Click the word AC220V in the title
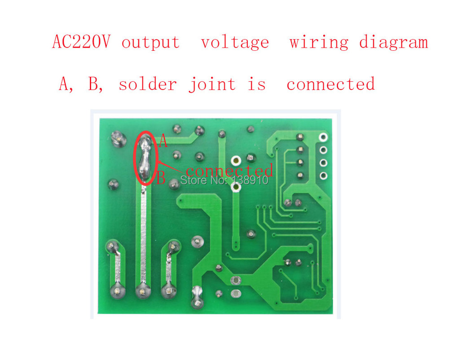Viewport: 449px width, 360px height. (81, 42)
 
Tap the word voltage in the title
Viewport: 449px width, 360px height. (235, 43)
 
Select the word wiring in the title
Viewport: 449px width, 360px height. (319, 42)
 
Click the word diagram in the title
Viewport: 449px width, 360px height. (393, 42)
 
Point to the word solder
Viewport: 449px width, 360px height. (148, 84)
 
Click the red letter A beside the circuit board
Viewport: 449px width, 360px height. (163, 141)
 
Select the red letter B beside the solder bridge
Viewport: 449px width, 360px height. (161, 178)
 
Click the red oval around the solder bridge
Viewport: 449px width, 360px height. (146, 158)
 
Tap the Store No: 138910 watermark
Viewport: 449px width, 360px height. (224, 180)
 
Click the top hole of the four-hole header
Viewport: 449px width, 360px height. (323, 137)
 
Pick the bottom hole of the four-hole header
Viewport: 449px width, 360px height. (323, 175)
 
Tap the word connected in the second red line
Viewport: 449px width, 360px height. (331, 84)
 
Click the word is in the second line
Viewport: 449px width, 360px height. (257, 84)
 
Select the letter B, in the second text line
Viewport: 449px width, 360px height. (95, 84)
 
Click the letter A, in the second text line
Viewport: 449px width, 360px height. (66, 84)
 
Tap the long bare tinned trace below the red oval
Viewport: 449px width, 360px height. (143, 236)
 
